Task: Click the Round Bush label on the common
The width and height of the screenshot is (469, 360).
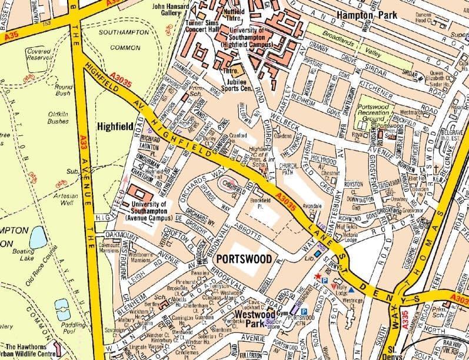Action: point(63,90)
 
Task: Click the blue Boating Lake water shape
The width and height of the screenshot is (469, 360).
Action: point(38,237)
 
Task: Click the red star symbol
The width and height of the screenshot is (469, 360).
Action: point(318,275)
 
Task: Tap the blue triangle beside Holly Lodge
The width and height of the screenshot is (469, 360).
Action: point(351,289)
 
